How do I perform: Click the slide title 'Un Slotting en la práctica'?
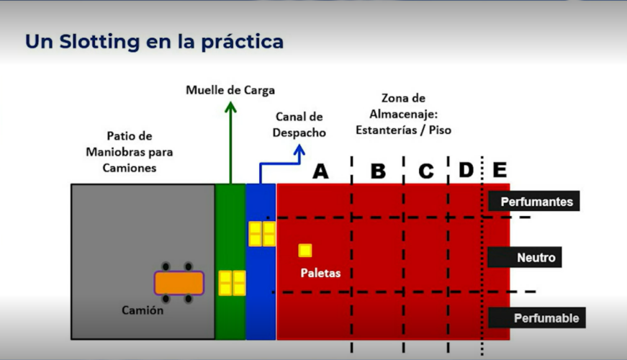tap(154, 42)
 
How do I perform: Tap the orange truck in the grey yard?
tap(179, 282)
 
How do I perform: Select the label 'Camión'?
tap(143, 310)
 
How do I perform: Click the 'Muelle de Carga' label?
tap(230, 90)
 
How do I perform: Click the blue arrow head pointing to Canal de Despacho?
tap(298, 152)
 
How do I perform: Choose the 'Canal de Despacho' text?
tap(299, 125)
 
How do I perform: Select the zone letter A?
tap(320, 171)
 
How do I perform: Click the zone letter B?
tap(378, 171)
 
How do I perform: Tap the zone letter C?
tap(426, 171)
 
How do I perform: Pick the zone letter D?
tap(466, 171)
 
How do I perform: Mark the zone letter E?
tap(500, 171)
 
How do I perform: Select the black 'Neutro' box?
tap(536, 258)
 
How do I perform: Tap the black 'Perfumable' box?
tap(536, 318)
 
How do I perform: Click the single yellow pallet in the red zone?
tap(305, 250)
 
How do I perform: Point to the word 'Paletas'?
tap(321, 273)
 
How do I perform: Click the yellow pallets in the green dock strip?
tap(232, 283)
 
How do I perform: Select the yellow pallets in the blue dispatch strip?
tap(262, 234)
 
